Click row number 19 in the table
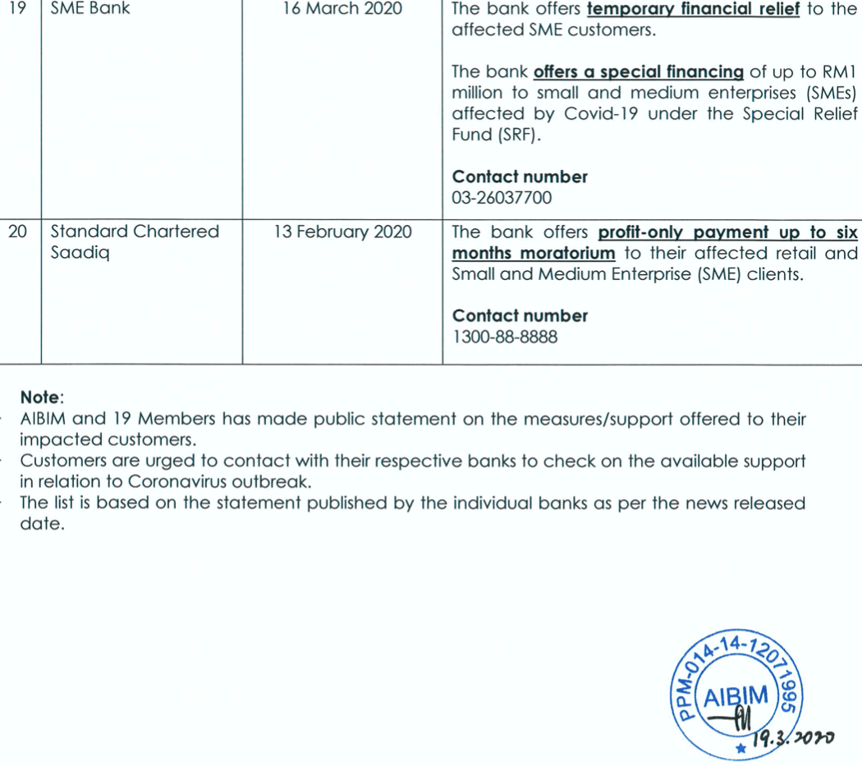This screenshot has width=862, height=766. pyautogui.click(x=16, y=10)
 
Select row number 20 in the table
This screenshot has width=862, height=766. pyautogui.click(x=16, y=232)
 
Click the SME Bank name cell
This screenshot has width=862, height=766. pyautogui.click(x=90, y=10)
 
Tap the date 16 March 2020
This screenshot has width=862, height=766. pyautogui.click(x=342, y=10)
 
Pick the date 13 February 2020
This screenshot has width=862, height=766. pyautogui.click(x=342, y=232)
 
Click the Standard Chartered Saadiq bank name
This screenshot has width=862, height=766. pyautogui.click(x=135, y=242)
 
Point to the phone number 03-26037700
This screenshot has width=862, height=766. pyautogui.click(x=502, y=198)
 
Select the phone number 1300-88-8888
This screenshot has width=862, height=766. pyautogui.click(x=505, y=337)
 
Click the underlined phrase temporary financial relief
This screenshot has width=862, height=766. pyautogui.click(x=694, y=11)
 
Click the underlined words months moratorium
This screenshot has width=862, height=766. pyautogui.click(x=534, y=253)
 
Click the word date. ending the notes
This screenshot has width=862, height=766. pyautogui.click(x=41, y=523)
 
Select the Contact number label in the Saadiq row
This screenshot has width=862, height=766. pyautogui.click(x=520, y=316)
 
